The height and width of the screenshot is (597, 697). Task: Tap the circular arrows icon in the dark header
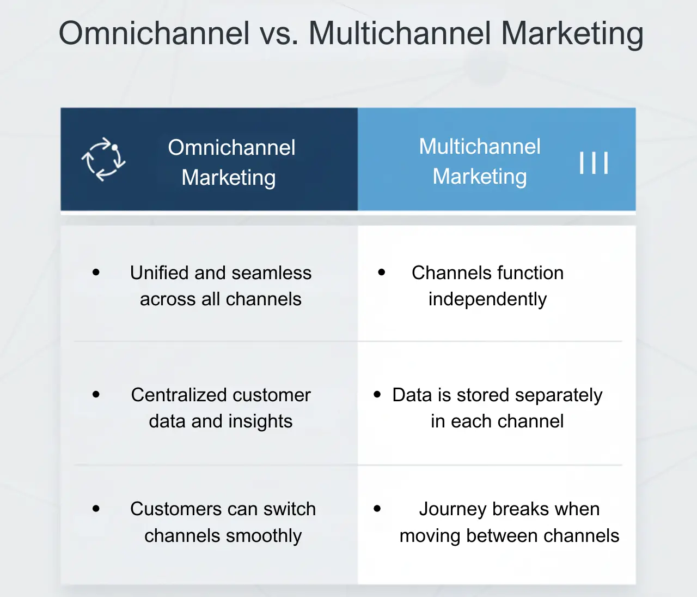click(x=103, y=159)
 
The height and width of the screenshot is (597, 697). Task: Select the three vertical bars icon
click(x=594, y=162)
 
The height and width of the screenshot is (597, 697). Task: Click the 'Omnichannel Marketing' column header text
click(x=231, y=162)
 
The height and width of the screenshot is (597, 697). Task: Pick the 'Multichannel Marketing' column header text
click(x=479, y=161)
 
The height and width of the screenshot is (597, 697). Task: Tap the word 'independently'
click(x=487, y=299)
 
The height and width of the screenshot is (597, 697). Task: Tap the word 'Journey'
click(x=453, y=509)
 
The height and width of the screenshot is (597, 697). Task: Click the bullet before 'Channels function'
click(x=382, y=272)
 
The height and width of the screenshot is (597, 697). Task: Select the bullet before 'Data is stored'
click(x=377, y=394)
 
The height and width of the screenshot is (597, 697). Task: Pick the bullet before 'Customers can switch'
click(x=96, y=509)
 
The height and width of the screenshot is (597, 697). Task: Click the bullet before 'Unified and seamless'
click(x=96, y=272)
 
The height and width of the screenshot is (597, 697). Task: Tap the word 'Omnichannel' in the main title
click(x=154, y=33)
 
